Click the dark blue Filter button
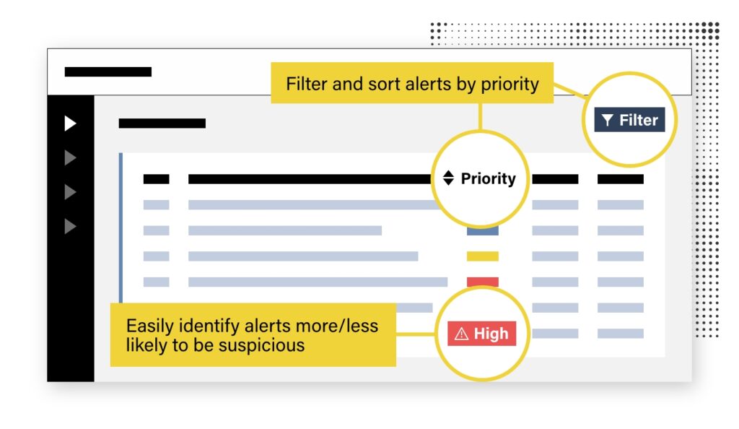click(629, 120)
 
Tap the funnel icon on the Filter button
click(608, 120)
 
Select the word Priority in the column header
click(489, 178)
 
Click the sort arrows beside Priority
click(448, 178)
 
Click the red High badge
click(481, 333)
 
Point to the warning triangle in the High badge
click(461, 334)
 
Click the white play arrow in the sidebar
click(70, 123)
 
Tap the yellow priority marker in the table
click(483, 256)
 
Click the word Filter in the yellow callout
click(306, 84)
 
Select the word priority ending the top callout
click(510, 84)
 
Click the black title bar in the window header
click(108, 71)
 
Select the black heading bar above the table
click(162, 123)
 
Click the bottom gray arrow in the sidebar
click(70, 226)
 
